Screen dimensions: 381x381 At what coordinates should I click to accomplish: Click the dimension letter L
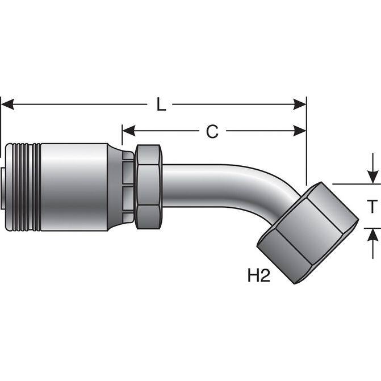pyautogui.click(x=161, y=105)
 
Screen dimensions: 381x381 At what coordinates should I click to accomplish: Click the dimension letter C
pyautogui.click(x=212, y=132)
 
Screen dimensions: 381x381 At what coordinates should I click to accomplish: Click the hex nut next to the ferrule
pyautogui.click(x=148, y=187)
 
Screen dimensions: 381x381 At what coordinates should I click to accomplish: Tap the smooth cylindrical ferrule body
pyautogui.click(x=74, y=187)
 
